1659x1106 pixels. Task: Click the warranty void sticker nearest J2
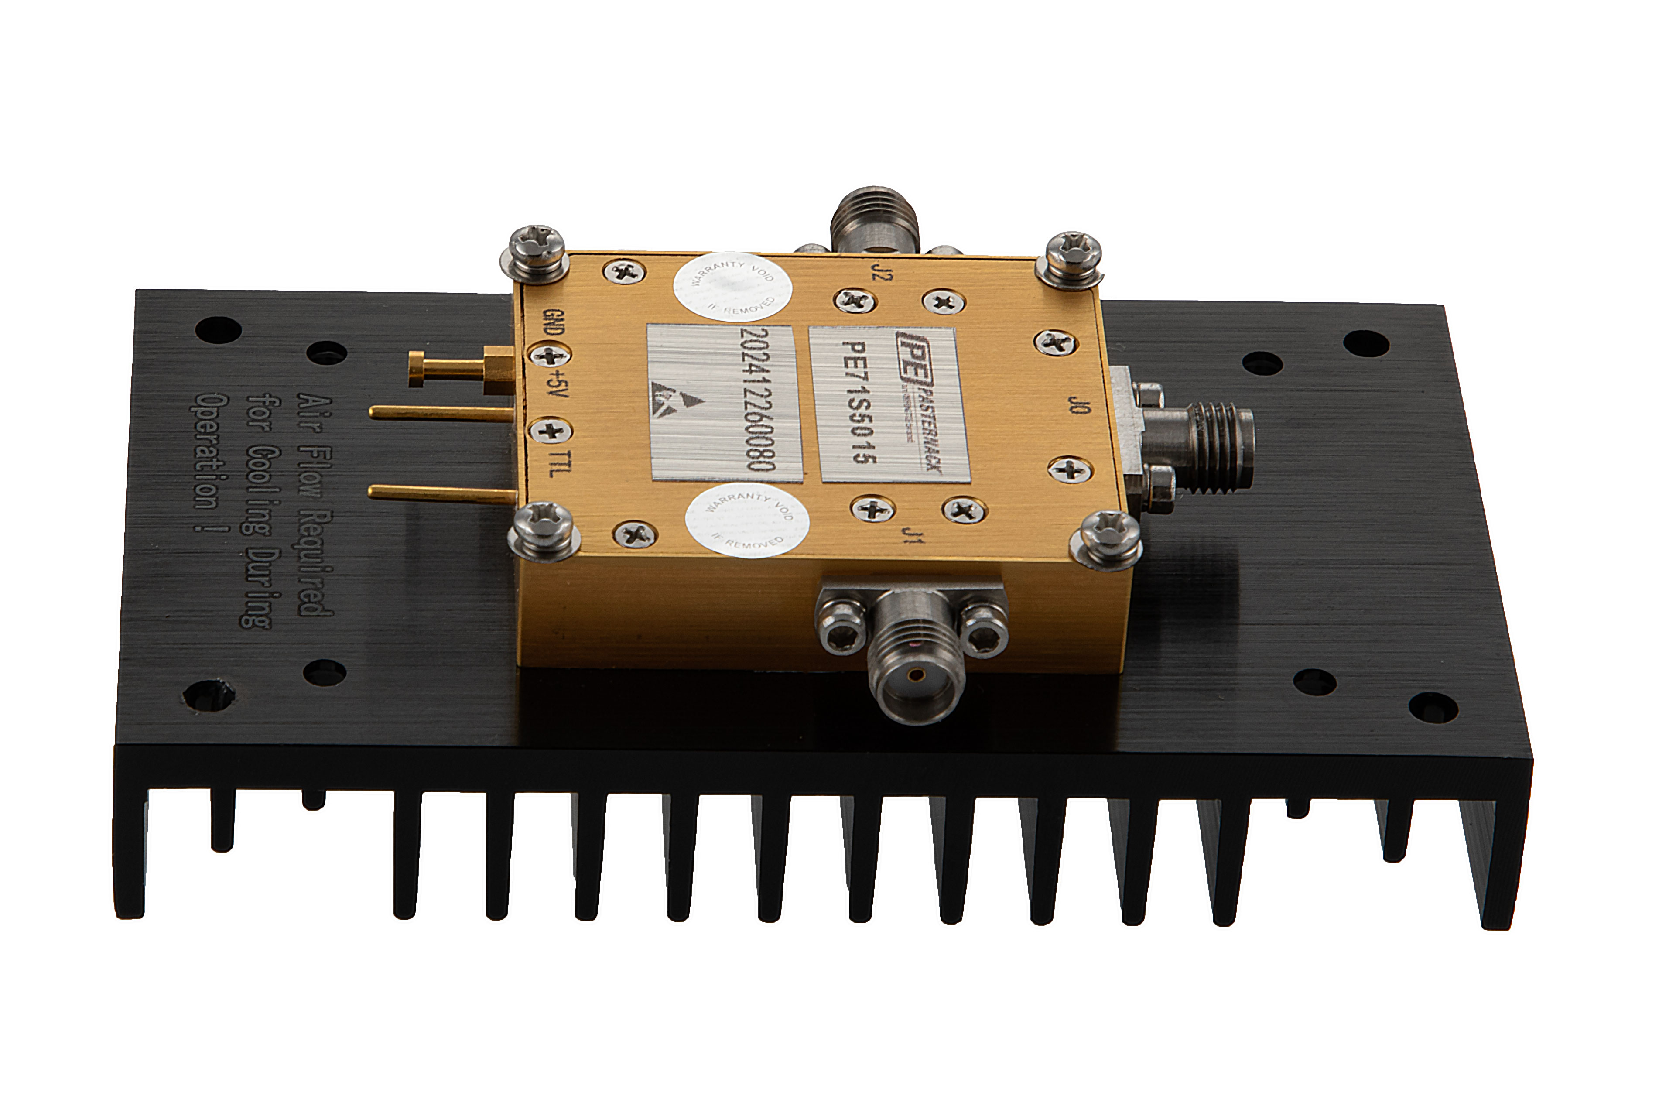pos(732,288)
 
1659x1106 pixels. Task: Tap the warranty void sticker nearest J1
pos(747,520)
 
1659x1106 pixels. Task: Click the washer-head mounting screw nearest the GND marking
pos(536,248)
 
